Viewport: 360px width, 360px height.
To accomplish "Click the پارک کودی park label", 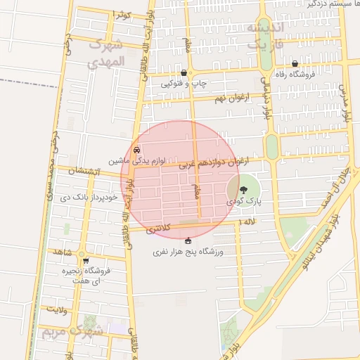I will [244, 201].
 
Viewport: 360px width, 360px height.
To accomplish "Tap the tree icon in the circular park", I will [243, 190].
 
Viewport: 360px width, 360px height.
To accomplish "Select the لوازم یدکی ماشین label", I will [136, 160].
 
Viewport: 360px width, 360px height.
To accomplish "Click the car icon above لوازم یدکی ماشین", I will [136, 150].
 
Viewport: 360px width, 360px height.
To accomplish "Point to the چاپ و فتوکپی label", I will [184, 83].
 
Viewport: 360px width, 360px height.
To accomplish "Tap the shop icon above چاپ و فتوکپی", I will [184, 72].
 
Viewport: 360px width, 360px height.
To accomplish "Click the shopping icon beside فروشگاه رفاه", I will [294, 64].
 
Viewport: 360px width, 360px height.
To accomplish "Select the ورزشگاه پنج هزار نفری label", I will [188, 251].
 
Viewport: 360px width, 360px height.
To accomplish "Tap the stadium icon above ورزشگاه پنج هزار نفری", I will [188, 241].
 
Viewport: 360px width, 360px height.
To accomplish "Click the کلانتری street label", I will [157, 229].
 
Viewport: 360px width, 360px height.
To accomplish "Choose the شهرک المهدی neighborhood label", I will [106, 53].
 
